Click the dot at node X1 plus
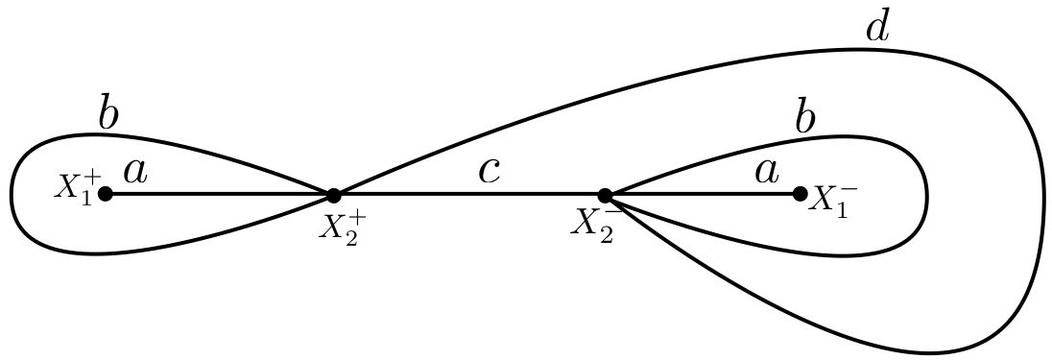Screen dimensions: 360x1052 click(106, 194)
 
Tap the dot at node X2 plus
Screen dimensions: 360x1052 click(333, 195)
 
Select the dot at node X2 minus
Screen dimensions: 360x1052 click(605, 195)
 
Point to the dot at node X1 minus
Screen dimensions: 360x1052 click(800, 194)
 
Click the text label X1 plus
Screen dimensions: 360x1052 click(75, 187)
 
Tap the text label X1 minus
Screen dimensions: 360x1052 click(832, 200)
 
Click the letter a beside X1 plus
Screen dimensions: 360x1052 click(135, 171)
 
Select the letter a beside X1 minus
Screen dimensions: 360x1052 click(766, 171)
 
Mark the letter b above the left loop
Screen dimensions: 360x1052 click(108, 115)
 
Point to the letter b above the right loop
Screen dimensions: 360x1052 click(805, 120)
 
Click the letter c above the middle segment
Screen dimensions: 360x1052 click(490, 171)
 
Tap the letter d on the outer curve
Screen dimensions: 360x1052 click(877, 28)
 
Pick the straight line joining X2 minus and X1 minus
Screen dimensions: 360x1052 click(702, 195)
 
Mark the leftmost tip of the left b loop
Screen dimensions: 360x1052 click(12, 195)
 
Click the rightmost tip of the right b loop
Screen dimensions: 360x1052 click(926, 196)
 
